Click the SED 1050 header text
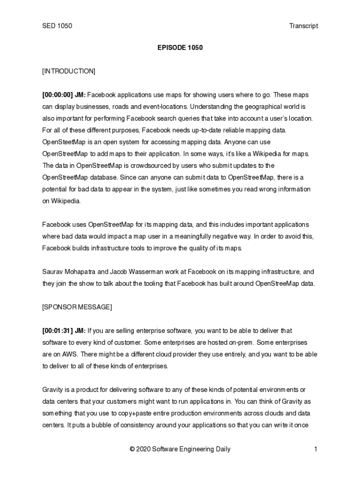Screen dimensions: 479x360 [57, 26]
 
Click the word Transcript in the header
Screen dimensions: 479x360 [303, 26]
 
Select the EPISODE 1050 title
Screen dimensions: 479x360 [180, 48]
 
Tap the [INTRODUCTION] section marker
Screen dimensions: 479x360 [69, 71]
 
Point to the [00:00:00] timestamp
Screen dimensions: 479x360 [58, 95]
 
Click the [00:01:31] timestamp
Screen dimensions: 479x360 [58, 331]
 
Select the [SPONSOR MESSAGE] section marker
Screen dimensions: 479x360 [77, 307]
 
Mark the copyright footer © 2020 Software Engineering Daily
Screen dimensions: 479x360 [180, 450]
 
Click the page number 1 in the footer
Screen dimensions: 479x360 [316, 450]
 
